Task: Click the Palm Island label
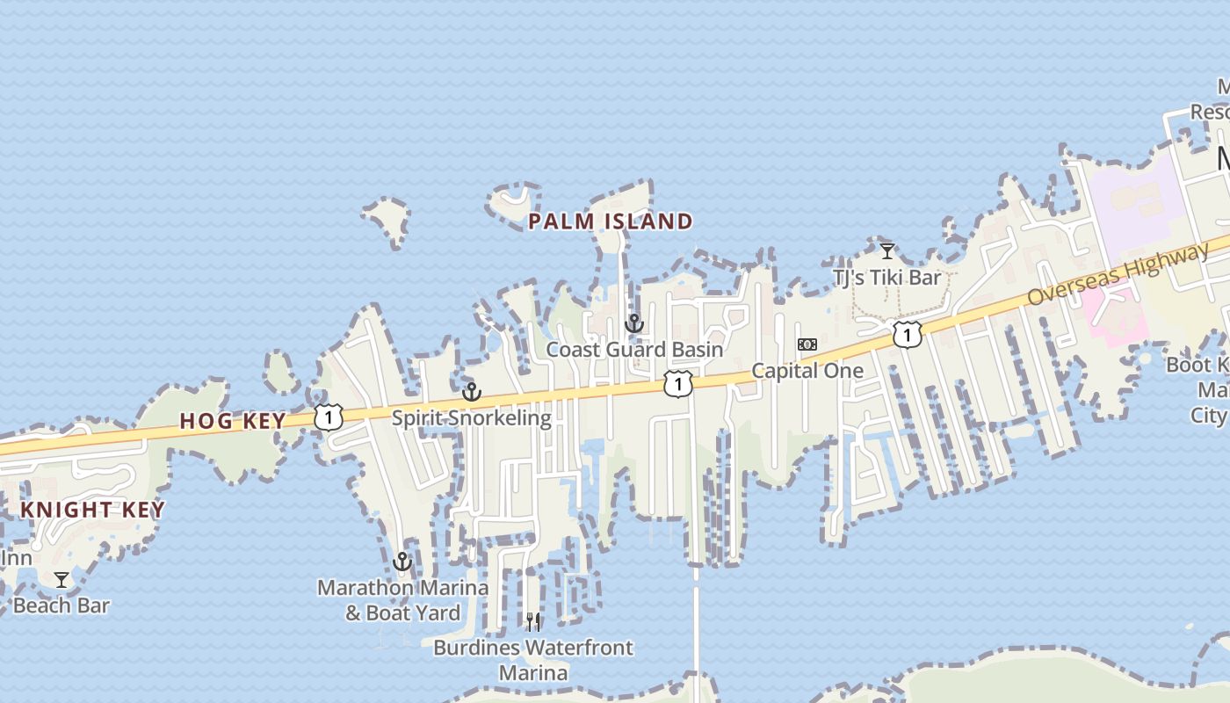(x=611, y=221)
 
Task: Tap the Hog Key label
(x=233, y=421)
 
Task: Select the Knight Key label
(x=92, y=510)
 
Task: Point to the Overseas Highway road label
(x=1118, y=275)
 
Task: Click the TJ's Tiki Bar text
(x=886, y=278)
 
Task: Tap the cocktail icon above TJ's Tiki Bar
(x=887, y=251)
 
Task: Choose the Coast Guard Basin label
(x=634, y=349)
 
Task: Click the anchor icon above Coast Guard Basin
(x=634, y=323)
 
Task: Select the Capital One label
(x=807, y=370)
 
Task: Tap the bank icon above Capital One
(x=807, y=344)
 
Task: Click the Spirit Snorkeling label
(x=471, y=417)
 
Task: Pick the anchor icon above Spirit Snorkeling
(x=472, y=392)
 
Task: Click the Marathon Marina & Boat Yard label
(x=402, y=599)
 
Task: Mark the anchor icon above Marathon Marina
(x=402, y=562)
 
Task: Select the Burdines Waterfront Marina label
(x=533, y=660)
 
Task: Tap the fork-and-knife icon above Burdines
(x=533, y=622)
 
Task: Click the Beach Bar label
(x=61, y=605)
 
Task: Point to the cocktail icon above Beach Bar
(x=61, y=580)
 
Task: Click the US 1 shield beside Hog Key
(x=328, y=417)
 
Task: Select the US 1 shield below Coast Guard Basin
(x=678, y=384)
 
